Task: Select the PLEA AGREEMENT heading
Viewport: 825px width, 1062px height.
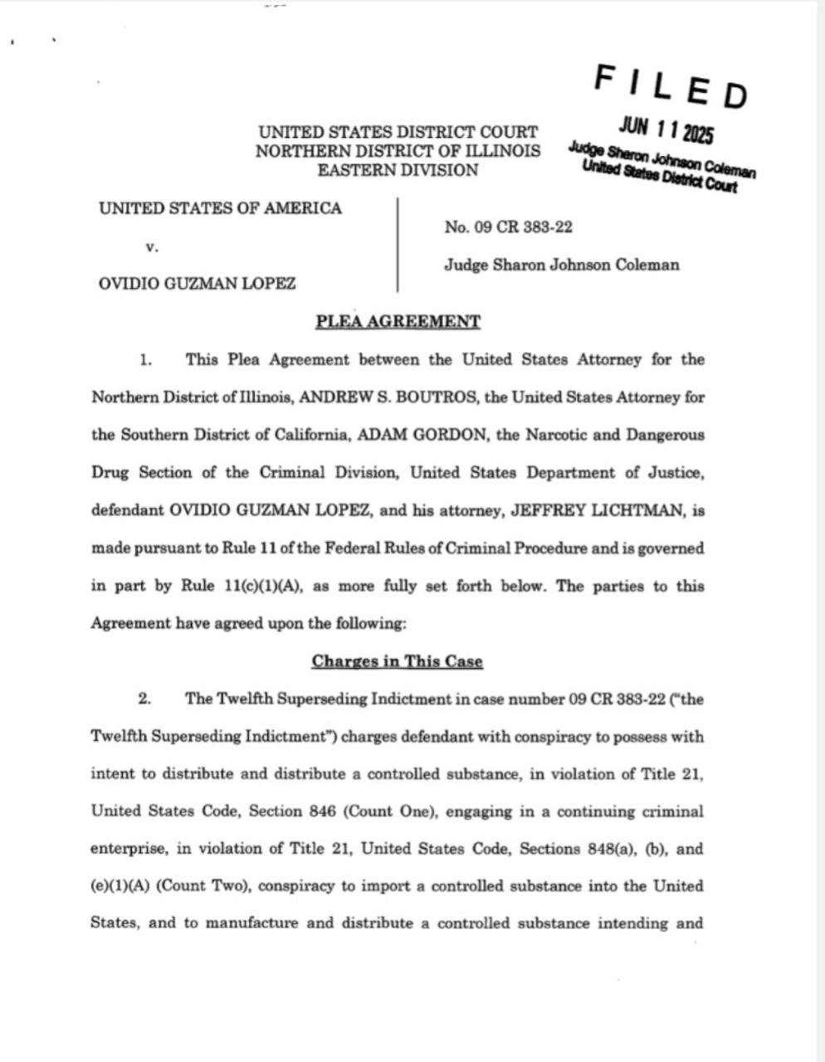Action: (398, 322)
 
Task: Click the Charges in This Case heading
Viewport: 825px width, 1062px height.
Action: (397, 661)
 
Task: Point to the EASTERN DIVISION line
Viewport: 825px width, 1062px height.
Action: (398, 170)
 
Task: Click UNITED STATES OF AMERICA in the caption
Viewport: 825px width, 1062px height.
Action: (220, 208)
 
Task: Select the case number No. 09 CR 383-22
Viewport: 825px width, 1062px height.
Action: (508, 227)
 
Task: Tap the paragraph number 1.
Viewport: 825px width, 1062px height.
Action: (145, 360)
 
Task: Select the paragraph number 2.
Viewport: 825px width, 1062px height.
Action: (144, 699)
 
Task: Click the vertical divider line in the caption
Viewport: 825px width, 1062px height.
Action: (398, 245)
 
